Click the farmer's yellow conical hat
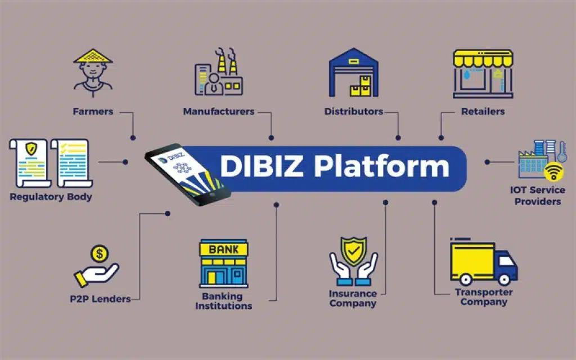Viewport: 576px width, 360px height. coord(93,57)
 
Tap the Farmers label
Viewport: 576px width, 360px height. coord(93,111)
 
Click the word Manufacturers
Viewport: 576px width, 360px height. coord(219,111)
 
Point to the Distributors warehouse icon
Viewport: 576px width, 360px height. coord(354,72)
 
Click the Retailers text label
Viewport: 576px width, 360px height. coord(483,111)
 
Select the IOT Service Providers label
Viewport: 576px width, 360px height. coord(537,195)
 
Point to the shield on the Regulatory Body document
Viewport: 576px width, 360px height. coord(31,150)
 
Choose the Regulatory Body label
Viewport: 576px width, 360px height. coord(51,197)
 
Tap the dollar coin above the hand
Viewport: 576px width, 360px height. coord(100,254)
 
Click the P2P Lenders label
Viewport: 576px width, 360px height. coord(100,299)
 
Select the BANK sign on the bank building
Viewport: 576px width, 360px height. coord(223,249)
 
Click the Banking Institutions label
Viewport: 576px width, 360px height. coord(223,301)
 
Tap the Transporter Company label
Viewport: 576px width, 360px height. coord(484,297)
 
